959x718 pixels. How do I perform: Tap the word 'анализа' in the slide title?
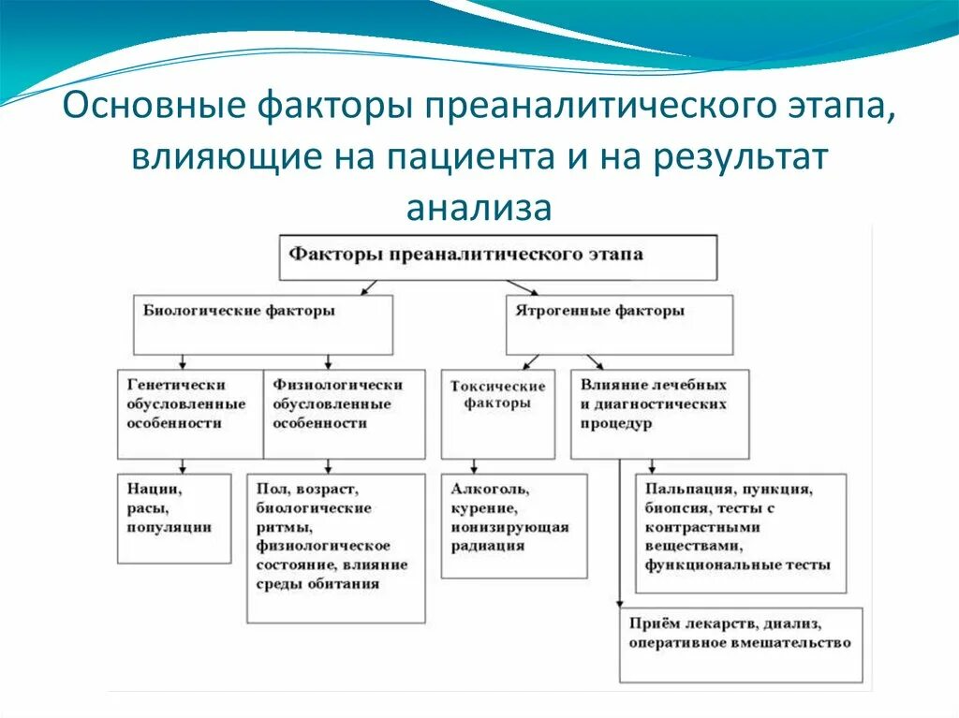[479, 206]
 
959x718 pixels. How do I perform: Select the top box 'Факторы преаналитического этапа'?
[499, 256]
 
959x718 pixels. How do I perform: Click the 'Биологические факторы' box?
[262, 324]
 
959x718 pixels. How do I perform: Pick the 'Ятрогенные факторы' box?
[619, 324]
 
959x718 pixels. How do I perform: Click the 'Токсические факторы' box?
[497, 413]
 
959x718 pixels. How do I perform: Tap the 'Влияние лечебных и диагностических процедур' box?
[659, 413]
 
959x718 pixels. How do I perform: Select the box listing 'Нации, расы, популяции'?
[174, 518]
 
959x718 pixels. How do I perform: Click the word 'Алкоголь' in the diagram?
[490, 489]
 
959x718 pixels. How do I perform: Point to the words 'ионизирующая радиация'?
[509, 535]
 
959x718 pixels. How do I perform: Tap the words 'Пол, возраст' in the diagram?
[306, 489]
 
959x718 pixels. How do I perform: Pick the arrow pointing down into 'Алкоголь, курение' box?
[475, 466]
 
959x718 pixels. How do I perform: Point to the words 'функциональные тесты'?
[737, 565]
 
